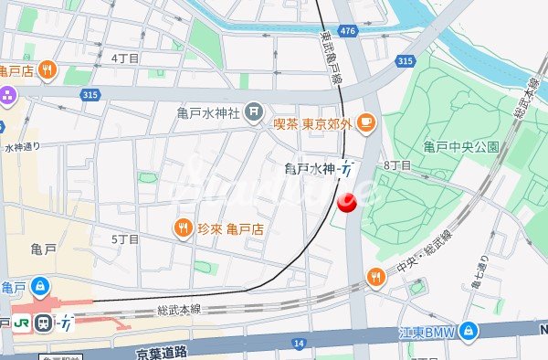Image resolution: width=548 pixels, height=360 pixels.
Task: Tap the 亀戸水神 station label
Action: pos(311,168)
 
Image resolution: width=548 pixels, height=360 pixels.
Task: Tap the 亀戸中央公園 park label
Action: pos(461,146)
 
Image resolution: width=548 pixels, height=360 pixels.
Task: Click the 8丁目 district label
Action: pos(397,165)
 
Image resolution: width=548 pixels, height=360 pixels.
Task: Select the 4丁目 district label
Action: pos(124,58)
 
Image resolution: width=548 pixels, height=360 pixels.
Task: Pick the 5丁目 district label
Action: pos(124,238)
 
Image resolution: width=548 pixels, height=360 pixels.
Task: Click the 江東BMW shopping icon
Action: pos(468,329)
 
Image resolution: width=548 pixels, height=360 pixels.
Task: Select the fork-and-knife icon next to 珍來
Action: pos(183,228)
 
